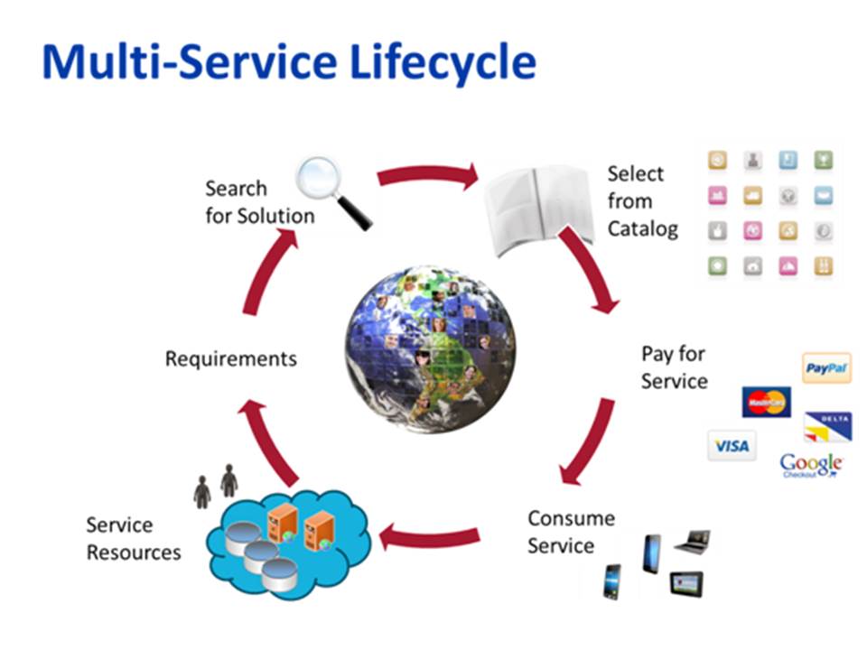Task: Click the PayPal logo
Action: (825, 367)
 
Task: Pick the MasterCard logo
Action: (766, 402)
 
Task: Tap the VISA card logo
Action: (731, 445)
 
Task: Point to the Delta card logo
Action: (828, 425)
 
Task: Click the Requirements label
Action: (230, 358)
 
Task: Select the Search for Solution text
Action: (259, 202)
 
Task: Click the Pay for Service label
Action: (674, 367)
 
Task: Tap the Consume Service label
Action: (570, 532)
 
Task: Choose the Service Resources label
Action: (133, 538)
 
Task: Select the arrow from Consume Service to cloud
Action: (429, 538)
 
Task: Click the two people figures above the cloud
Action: (216, 485)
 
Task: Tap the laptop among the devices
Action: (693, 540)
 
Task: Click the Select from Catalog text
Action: (642, 200)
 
